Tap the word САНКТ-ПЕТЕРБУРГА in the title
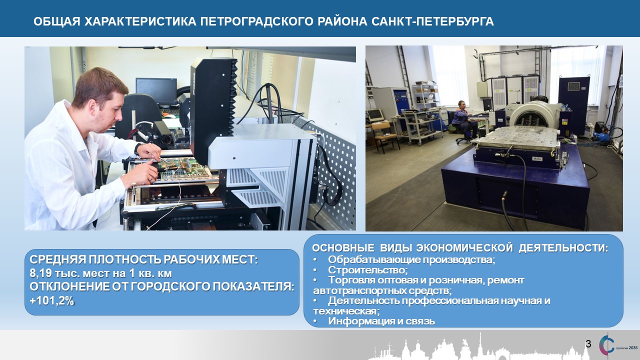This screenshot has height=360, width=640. click(x=432, y=21)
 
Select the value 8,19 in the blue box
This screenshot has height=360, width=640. click(x=40, y=273)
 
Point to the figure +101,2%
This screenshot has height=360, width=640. click(x=52, y=301)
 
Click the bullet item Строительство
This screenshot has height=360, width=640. click(x=367, y=270)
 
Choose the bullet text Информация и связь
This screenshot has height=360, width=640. click(x=381, y=321)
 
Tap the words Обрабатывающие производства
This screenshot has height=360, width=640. click(x=411, y=259)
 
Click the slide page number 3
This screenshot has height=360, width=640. click(x=588, y=343)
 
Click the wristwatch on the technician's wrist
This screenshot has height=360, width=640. click(x=137, y=148)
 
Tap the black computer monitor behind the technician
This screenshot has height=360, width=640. click(x=156, y=91)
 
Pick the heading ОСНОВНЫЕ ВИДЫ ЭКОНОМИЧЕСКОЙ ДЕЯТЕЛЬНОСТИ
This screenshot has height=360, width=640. click(x=460, y=248)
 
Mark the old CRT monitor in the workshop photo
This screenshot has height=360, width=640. click(x=375, y=115)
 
